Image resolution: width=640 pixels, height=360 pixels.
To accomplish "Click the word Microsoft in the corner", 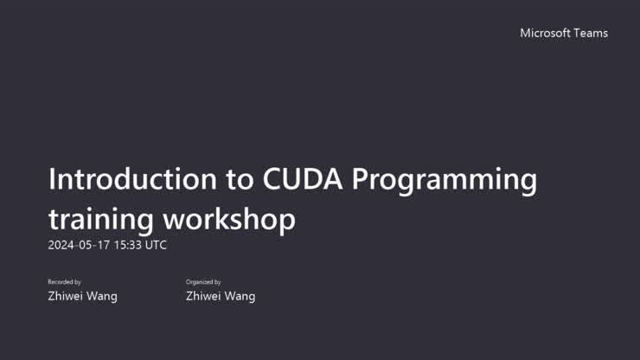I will click(x=545, y=33).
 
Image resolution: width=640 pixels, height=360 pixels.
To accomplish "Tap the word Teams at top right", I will click(x=591, y=33).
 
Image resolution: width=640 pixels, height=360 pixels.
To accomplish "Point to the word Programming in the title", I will click(x=445, y=181).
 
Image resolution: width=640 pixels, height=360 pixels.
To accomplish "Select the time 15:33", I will click(x=127, y=245).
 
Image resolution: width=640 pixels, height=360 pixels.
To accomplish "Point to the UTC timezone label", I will click(x=156, y=245).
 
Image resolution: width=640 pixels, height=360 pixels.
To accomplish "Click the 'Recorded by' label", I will click(x=64, y=282).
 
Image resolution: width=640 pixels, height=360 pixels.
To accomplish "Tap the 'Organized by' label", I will click(x=203, y=282).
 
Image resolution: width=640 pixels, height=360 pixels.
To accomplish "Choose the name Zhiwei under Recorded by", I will click(x=66, y=296).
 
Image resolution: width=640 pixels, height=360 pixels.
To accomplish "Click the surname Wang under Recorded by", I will click(x=102, y=296).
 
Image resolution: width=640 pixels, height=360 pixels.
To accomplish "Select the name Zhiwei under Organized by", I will click(x=204, y=296).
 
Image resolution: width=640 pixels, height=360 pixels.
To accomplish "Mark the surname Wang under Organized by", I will click(x=240, y=296).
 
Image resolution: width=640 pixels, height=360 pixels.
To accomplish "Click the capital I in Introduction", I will click(x=53, y=179).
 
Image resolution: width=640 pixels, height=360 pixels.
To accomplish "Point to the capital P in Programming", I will click(x=363, y=179).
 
